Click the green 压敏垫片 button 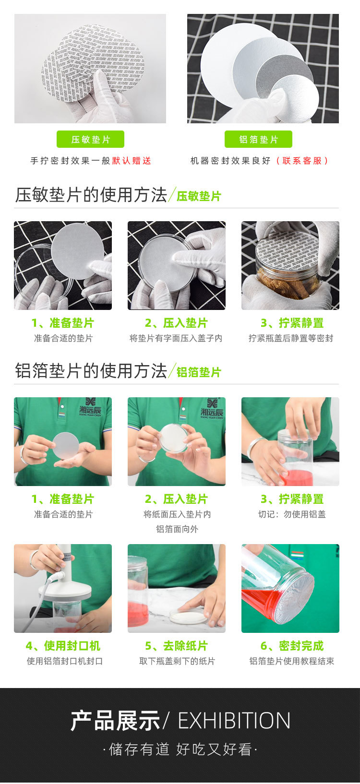pos(90,139)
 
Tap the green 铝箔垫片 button pos(258,139)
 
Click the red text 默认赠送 pos(132,161)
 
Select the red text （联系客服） pos(302,161)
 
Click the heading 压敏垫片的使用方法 pos(91,195)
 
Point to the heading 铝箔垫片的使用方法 pos(91,371)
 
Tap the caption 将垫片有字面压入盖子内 pos(176,338)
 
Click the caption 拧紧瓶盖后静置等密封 pos(290,338)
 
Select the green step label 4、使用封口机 pos(63,646)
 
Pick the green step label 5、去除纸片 pos(176,646)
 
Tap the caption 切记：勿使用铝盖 pos(292,514)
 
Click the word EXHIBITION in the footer pos(234,721)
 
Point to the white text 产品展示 pos(115,721)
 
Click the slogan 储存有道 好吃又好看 pos(180,749)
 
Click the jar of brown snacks pos(287,283)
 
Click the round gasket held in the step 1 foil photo pos(65,446)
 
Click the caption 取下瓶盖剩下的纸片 pos(177,661)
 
